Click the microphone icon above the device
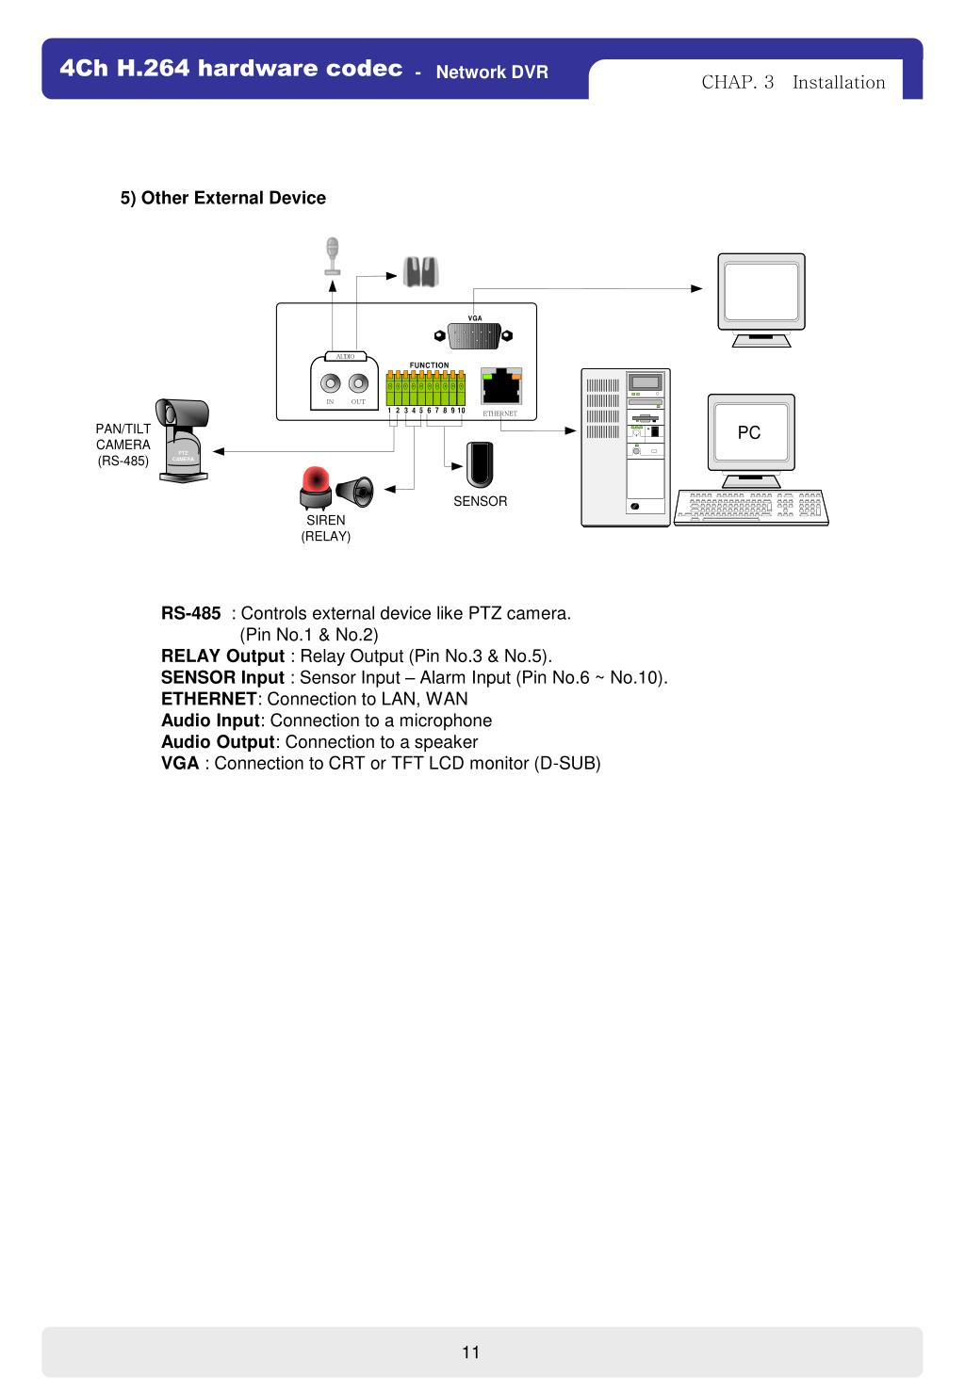click(x=332, y=254)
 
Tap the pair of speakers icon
click(x=420, y=272)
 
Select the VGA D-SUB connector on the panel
click(x=475, y=335)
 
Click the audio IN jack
click(x=331, y=383)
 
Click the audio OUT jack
click(x=358, y=383)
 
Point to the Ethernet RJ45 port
click(x=501, y=386)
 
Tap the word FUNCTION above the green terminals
click(x=429, y=365)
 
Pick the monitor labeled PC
click(x=751, y=434)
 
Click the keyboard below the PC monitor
click(x=752, y=507)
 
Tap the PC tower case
click(x=626, y=446)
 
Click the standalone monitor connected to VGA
click(x=761, y=297)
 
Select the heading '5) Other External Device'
click(x=223, y=198)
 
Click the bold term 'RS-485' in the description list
click(x=191, y=614)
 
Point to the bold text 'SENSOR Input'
click(x=222, y=678)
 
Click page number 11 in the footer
click(x=471, y=1353)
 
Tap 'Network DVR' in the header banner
click(x=492, y=73)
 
